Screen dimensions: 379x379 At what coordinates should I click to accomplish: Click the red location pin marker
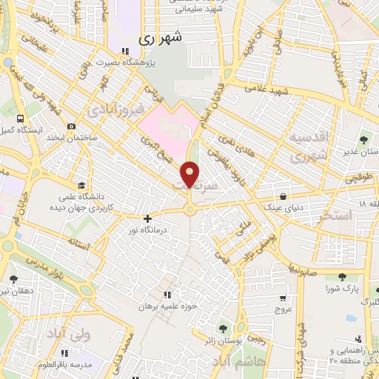190,175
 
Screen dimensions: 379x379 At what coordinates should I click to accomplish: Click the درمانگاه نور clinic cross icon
148,218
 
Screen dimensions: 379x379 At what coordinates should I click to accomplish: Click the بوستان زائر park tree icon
223,328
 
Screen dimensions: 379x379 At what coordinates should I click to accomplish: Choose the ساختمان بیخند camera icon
71,126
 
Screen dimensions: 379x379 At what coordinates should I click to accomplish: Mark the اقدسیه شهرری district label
306,147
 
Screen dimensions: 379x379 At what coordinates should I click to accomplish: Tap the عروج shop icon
282,298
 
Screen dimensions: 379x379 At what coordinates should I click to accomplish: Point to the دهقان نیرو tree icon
13,279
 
